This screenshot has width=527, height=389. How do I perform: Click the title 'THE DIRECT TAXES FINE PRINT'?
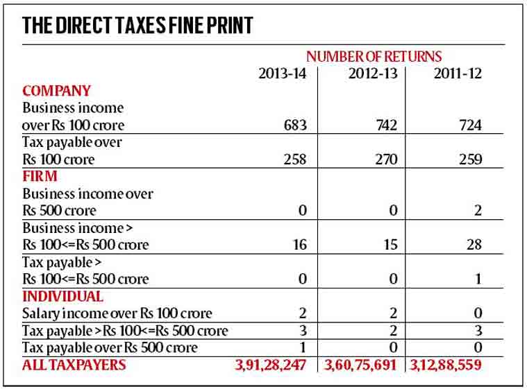[137, 26]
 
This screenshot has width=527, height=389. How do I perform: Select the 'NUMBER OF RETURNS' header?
[374, 56]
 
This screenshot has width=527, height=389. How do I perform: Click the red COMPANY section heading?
[57, 91]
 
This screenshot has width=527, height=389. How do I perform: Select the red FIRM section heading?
[40, 176]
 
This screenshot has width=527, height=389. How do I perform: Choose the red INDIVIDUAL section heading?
[63, 296]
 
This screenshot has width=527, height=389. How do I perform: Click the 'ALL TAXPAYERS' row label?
[74, 365]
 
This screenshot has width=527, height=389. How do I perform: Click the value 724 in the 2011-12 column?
[469, 126]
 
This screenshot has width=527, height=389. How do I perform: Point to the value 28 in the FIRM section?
[474, 245]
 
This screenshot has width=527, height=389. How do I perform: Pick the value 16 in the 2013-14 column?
[300, 245]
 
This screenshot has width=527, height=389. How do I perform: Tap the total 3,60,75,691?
[362, 365]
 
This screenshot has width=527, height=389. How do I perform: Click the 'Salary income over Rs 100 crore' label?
[117, 313]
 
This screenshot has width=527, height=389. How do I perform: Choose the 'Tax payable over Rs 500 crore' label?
[110, 347]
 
